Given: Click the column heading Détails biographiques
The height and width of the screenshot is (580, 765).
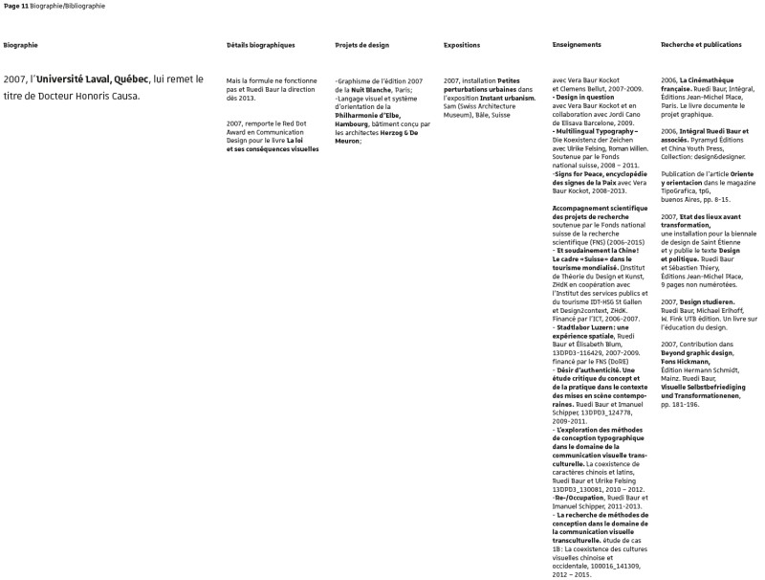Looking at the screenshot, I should tap(261, 45).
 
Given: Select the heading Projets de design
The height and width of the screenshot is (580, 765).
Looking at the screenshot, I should tap(361, 45).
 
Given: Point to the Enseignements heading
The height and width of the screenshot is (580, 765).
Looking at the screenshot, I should tap(577, 45).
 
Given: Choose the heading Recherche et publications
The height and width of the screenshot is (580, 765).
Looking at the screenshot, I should tap(701, 45).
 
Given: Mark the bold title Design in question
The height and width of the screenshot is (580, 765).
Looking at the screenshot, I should tap(587, 98).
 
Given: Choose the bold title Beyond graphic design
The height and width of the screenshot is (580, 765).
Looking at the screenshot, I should tap(696, 352).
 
